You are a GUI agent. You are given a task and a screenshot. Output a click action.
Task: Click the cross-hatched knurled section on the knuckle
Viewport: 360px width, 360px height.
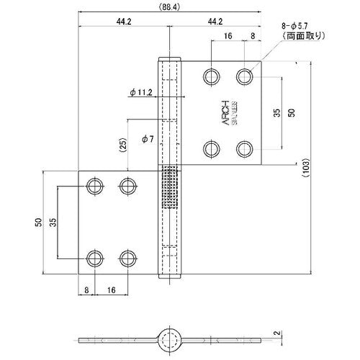click(x=170, y=188)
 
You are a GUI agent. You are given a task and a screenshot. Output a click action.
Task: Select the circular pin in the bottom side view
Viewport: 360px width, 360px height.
click(x=170, y=340)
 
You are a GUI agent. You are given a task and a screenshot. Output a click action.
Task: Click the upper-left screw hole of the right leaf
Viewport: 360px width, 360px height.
click(x=211, y=76)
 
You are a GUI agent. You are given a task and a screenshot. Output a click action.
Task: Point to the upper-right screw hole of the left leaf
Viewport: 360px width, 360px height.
click(x=129, y=186)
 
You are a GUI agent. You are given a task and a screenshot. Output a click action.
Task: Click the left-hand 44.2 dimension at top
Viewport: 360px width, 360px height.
click(x=123, y=22)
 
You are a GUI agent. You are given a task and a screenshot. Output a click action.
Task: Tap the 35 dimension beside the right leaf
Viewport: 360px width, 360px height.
click(x=276, y=113)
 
